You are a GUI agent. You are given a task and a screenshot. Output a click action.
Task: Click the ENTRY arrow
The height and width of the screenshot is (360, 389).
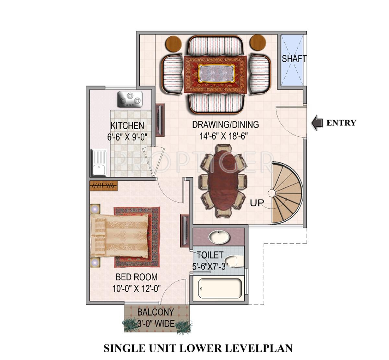point(317,123)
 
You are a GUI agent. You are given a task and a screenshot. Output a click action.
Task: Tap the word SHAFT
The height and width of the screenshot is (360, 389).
point(294,59)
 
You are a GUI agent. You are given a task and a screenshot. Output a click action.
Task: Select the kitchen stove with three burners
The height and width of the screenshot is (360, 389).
point(130,99)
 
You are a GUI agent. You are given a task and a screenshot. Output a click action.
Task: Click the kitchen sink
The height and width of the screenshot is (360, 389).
point(99,162)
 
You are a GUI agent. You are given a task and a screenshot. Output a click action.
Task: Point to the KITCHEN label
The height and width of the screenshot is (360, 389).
point(127,125)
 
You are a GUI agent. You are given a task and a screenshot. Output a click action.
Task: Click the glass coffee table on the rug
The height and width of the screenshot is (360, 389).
point(216,73)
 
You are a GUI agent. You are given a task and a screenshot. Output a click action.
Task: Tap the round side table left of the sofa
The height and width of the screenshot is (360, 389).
point(173,44)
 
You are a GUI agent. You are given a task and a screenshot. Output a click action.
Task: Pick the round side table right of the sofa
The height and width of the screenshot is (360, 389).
point(258,43)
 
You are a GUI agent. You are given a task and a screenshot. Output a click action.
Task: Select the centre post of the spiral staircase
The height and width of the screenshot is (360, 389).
point(272,193)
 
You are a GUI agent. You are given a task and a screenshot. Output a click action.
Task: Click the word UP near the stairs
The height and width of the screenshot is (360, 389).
point(257,203)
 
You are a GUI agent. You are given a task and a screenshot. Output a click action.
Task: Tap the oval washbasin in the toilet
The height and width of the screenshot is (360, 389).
point(219,237)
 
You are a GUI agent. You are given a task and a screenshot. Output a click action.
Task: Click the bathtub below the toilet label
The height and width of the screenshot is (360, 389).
point(220,288)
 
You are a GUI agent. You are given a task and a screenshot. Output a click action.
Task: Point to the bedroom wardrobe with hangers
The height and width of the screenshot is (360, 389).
point(103,186)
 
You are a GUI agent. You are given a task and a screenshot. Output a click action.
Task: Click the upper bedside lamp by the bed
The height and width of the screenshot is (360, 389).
point(95,209)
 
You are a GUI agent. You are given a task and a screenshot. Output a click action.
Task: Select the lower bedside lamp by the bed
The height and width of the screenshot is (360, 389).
point(95,262)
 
